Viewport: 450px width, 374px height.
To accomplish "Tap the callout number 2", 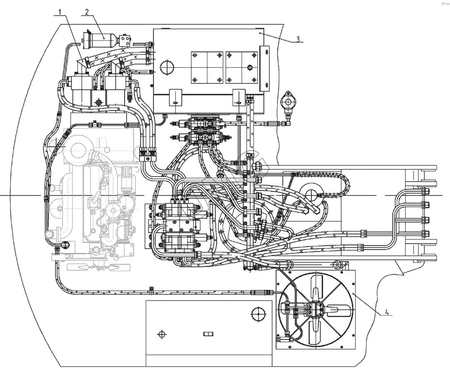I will click(x=87, y=11).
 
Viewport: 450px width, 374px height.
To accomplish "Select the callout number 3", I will click(x=298, y=39).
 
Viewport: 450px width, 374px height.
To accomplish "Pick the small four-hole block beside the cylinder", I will click(x=125, y=40).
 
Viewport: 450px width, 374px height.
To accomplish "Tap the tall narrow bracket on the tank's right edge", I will click(x=264, y=68).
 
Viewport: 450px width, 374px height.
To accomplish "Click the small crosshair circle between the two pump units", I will click(x=99, y=102).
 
